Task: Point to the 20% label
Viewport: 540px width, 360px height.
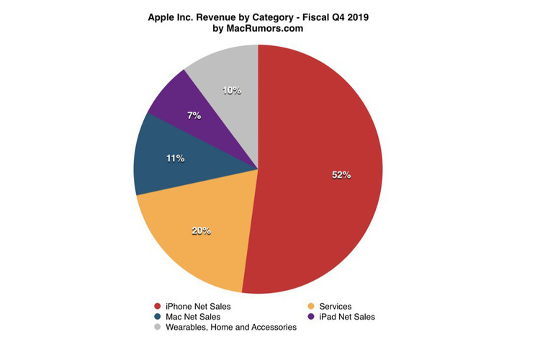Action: point(201,231)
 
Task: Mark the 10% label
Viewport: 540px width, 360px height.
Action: point(231,91)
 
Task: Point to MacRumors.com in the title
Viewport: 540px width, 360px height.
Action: point(266,29)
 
